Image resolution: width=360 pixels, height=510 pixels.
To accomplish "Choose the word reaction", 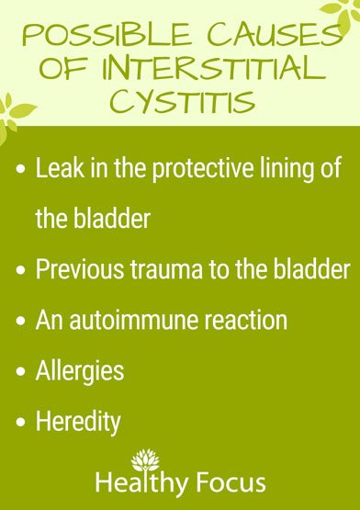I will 242,321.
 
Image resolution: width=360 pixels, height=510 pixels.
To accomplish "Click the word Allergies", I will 79,372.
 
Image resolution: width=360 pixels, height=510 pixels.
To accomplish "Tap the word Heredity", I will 77,422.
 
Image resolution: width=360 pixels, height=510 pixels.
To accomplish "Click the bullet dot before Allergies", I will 22,372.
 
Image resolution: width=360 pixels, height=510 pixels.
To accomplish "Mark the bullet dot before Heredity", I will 22,422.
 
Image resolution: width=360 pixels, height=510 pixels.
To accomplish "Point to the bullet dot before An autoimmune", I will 22,321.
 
